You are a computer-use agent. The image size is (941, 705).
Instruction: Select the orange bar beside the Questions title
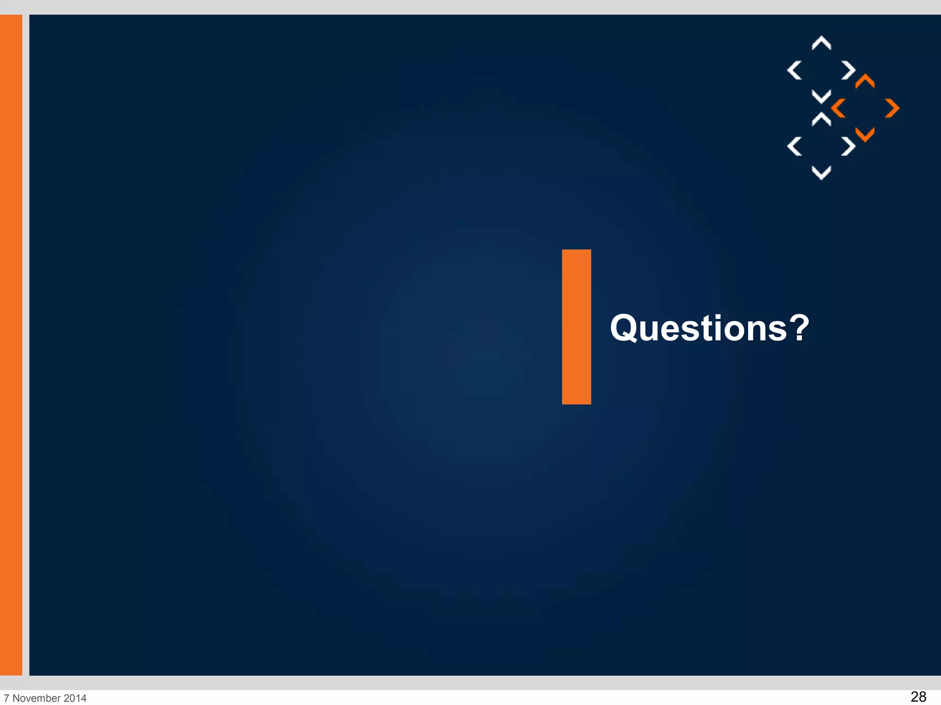(x=576, y=327)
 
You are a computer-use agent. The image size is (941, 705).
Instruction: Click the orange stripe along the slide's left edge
(x=11, y=344)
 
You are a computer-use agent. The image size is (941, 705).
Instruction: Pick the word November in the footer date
(x=37, y=698)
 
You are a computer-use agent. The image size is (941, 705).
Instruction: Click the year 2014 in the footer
(x=75, y=698)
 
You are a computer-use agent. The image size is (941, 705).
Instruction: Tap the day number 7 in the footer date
(x=6, y=698)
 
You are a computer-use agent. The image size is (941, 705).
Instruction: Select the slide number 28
(x=918, y=696)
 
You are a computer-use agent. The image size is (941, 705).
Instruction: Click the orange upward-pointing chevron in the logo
(x=865, y=81)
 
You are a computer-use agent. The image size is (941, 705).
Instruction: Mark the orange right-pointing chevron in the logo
(x=892, y=108)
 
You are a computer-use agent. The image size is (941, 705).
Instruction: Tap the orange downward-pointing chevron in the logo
(x=865, y=134)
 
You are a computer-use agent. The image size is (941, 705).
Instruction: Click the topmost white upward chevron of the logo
(x=821, y=43)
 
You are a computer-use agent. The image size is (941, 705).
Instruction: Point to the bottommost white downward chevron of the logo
(x=821, y=173)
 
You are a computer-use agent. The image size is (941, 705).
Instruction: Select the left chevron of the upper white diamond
(x=794, y=70)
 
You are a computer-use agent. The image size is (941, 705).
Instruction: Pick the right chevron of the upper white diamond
(x=848, y=70)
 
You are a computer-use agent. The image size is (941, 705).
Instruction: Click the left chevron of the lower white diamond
(x=794, y=146)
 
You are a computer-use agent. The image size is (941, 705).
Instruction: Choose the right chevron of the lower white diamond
(x=848, y=146)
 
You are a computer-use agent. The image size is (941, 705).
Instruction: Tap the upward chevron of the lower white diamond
(x=821, y=119)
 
